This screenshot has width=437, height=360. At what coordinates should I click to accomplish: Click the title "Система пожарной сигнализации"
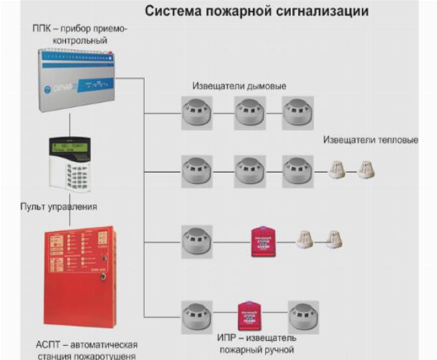point(257,11)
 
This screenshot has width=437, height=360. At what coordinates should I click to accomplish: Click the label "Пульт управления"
point(59,207)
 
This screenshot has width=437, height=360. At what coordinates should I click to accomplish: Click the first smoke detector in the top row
point(196,114)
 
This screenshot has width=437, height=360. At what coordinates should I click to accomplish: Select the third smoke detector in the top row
point(297,114)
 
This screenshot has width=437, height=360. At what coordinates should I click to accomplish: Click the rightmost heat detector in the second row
point(366,170)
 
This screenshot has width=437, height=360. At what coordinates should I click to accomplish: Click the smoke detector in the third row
point(196,241)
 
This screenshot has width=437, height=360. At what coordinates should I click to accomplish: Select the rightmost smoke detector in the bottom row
point(304,316)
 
